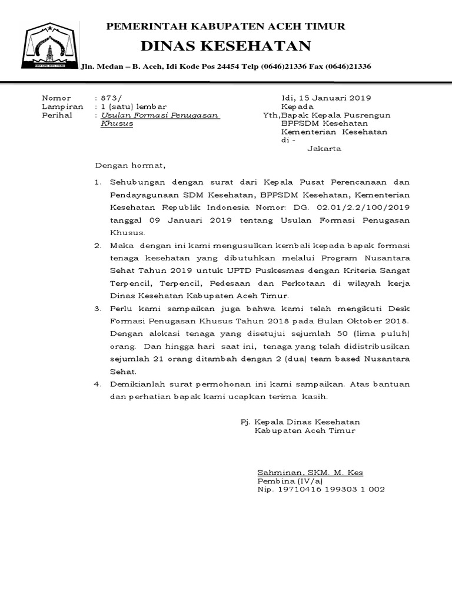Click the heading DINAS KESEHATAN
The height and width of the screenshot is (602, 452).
point(225,46)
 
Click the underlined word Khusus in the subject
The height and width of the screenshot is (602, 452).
point(117,124)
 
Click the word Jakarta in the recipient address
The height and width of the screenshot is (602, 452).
point(324,149)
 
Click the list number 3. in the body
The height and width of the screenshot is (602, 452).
point(99,308)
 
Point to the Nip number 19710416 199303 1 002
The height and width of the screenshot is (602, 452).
point(332,490)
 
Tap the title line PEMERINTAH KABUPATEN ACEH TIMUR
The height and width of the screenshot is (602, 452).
point(225,26)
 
